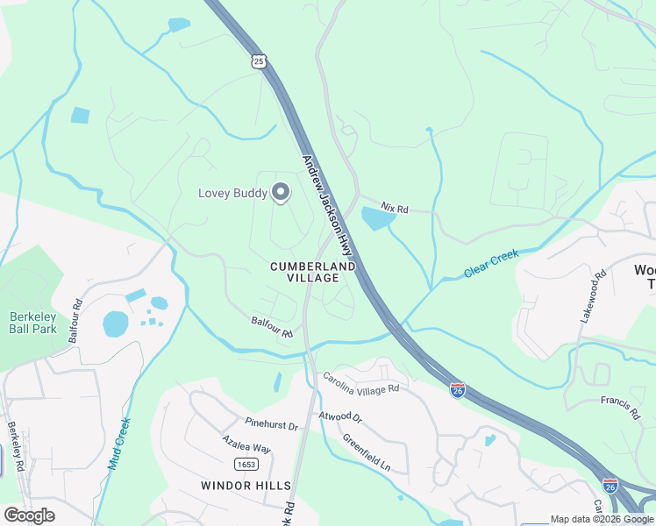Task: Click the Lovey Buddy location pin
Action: pyautogui.click(x=281, y=191)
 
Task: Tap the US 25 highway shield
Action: pyautogui.click(x=258, y=60)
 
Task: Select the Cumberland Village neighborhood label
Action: pyautogui.click(x=313, y=272)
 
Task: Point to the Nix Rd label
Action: pyautogui.click(x=395, y=210)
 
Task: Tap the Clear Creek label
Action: pyautogui.click(x=491, y=262)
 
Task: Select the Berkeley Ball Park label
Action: pyautogui.click(x=32, y=323)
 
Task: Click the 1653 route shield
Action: pyautogui.click(x=246, y=463)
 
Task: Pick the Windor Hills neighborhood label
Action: pyautogui.click(x=246, y=485)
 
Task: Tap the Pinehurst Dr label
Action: pyautogui.click(x=272, y=425)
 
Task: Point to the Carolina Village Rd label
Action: pyautogui.click(x=360, y=382)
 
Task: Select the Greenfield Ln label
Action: pyautogui.click(x=367, y=452)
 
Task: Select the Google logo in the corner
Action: pyautogui.click(x=29, y=515)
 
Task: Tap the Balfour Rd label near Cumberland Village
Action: pyautogui.click(x=272, y=328)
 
